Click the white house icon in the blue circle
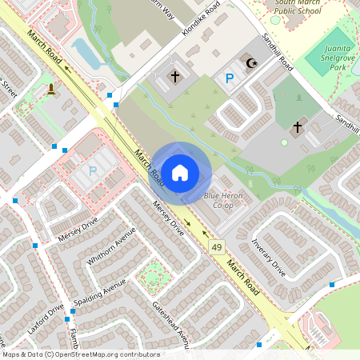pos(180,172)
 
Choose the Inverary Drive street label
pos(268,256)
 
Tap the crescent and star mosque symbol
pos(251,63)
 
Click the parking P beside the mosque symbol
pos(230,78)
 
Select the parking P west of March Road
pos(92,170)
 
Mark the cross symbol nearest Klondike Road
pos(175,77)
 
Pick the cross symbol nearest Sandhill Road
pos(298,126)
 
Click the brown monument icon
pos(51,88)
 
